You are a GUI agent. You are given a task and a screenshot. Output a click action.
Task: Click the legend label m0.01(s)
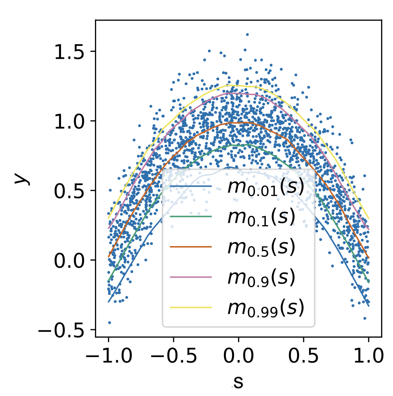pos(265,187)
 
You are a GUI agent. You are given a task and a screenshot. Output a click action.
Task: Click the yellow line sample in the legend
pos(190,307)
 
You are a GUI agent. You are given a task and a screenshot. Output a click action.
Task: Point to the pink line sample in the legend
pos(190,277)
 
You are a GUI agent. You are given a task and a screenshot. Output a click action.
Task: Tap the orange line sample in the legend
pos(190,247)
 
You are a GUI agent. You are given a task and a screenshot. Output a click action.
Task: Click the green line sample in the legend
pos(190,217)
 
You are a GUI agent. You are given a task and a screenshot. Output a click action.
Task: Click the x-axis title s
pos(238,382)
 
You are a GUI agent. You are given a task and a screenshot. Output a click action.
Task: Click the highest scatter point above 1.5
pos(247,34)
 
